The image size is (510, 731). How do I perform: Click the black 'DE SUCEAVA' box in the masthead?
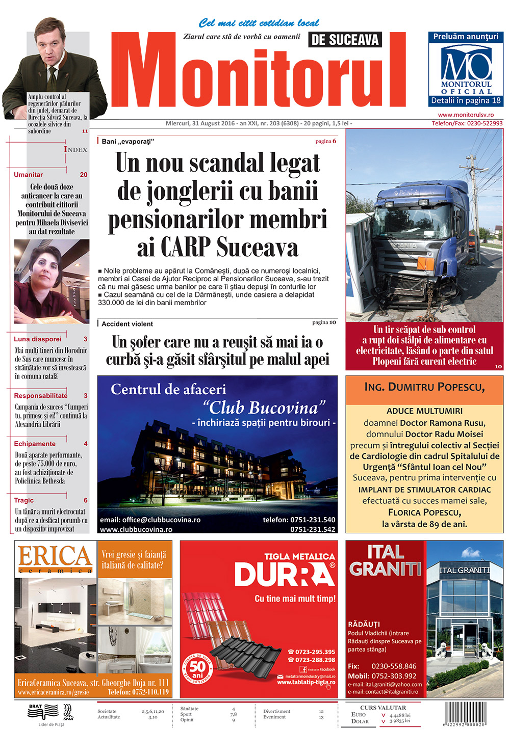(345, 40)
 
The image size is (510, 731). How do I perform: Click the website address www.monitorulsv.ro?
(466, 115)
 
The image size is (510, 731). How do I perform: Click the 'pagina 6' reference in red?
(326, 141)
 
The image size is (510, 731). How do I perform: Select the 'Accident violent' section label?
(127, 324)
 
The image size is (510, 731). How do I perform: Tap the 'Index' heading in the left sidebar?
(75, 149)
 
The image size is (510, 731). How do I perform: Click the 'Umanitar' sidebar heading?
(29, 175)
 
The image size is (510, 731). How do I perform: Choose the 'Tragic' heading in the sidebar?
(24, 500)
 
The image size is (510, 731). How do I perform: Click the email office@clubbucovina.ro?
(150, 520)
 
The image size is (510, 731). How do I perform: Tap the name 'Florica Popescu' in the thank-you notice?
(424, 512)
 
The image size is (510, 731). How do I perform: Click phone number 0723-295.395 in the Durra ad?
(315, 652)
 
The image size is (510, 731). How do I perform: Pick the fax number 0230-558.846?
(394, 666)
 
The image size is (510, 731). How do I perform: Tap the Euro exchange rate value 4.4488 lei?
(400, 715)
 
